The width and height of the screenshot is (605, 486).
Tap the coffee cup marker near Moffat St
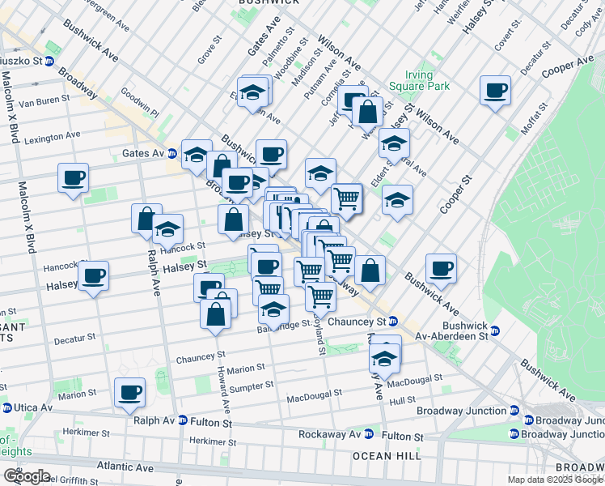[495, 92]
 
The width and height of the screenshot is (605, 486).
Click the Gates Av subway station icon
[172, 153]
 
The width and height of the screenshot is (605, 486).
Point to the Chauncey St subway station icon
[392, 321]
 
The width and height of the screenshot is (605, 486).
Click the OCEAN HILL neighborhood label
[387, 457]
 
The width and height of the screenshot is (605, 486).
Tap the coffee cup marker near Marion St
[129, 394]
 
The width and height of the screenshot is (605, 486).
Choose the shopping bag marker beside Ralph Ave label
[146, 220]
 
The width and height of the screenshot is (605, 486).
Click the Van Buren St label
[39, 103]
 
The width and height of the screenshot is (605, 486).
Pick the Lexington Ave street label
[53, 138]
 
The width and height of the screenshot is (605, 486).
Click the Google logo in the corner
[27, 475]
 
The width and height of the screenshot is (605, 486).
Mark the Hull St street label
[401, 400]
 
